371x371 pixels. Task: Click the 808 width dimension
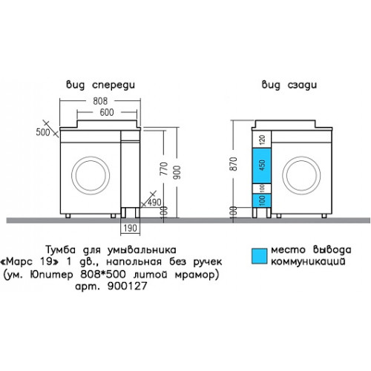coord(100,101)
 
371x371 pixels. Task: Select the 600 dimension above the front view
coord(107,112)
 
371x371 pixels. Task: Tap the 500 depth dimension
coord(43,132)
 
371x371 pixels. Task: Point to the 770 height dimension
coord(164,168)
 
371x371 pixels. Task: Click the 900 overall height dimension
coord(177,172)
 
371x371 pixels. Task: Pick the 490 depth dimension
coord(154,203)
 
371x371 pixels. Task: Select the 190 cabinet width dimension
coord(130,228)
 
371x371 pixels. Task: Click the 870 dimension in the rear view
coord(233,164)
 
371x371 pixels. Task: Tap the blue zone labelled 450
coord(262,165)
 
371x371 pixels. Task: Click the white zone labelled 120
coord(262,139)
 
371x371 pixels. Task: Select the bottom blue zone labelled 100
coord(262,200)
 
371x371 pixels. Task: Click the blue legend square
coord(260,256)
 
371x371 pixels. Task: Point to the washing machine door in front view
coord(91,157)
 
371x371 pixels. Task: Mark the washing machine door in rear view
coord(301,157)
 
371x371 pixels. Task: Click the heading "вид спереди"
coord(100,85)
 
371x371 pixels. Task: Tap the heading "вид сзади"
coord(289,85)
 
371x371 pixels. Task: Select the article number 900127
coord(128,286)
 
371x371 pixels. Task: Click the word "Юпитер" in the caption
coord(51,275)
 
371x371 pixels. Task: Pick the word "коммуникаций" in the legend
coord(308,261)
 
